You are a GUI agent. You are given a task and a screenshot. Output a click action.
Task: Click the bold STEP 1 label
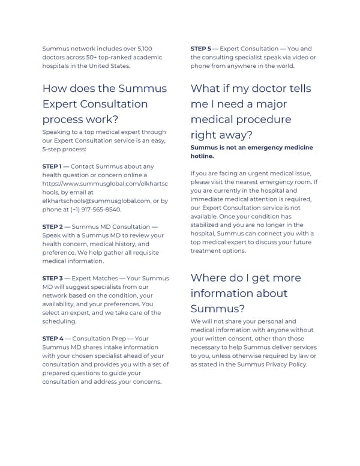[x=52, y=166]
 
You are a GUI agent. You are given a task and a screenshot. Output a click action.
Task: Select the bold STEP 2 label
[x=52, y=226]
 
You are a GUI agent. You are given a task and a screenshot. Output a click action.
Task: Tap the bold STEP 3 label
[x=52, y=279]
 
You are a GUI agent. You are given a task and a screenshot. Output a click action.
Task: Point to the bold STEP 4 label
[x=52, y=339]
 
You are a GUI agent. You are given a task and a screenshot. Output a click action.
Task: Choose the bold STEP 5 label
[x=201, y=49]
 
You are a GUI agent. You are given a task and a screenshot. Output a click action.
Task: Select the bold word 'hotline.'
[x=202, y=156]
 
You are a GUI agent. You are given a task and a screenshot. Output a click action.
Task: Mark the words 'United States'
[x=109, y=65]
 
